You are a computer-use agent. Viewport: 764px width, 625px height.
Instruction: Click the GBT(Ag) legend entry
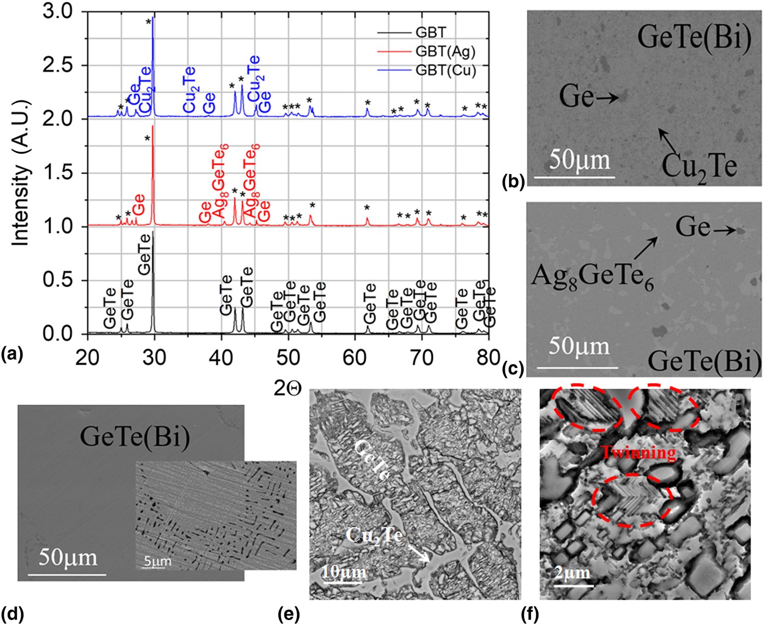point(445,51)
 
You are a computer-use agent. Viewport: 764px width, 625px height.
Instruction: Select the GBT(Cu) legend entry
point(445,70)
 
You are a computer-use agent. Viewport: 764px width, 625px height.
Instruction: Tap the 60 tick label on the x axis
point(355,358)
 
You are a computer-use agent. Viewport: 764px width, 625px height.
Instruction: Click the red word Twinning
point(638,453)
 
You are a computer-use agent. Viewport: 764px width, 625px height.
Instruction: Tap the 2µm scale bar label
point(572,573)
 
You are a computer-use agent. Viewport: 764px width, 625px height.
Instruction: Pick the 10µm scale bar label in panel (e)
point(344,572)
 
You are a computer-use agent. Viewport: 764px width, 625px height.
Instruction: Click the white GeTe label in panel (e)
point(373,460)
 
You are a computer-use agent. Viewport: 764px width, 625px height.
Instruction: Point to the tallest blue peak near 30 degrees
point(153,22)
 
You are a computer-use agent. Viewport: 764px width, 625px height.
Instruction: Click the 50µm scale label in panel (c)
point(578,347)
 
